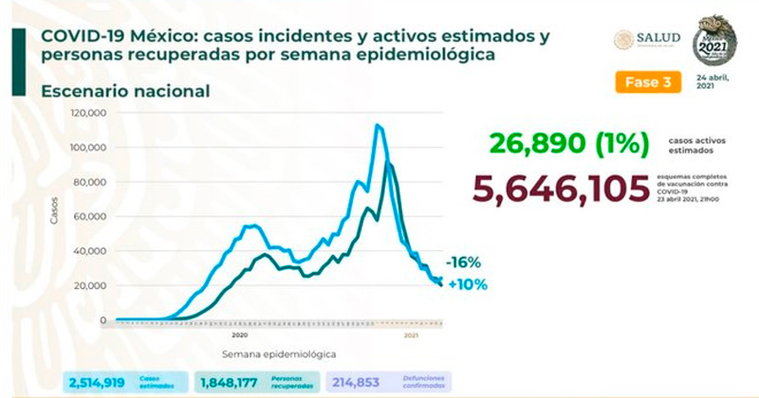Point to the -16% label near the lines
(x=464, y=262)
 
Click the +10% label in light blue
(x=467, y=284)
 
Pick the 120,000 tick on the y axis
(x=88, y=113)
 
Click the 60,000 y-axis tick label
(x=91, y=217)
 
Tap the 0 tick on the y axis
(x=103, y=320)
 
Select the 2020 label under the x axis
(x=239, y=335)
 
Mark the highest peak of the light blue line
(x=379, y=125)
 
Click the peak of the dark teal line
(x=388, y=164)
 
